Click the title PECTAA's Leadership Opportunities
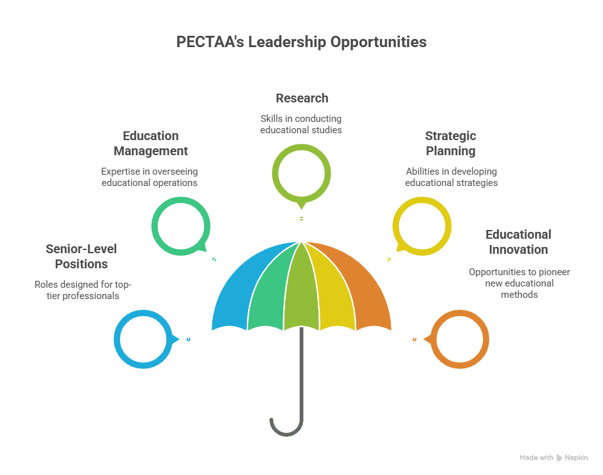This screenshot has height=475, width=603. tap(301, 43)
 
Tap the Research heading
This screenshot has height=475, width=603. tap(301, 98)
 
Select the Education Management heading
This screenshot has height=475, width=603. tap(151, 143)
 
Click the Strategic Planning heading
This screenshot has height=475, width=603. tap(450, 143)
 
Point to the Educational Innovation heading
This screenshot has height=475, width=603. tap(518, 242)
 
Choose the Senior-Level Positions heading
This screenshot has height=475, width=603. tap(81, 256)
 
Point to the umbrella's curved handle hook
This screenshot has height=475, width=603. tap(279, 427)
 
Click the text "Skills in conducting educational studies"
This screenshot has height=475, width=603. tap(301, 124)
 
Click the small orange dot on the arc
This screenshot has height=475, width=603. tap(415, 339)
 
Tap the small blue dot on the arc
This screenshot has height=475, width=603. tap(188, 339)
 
